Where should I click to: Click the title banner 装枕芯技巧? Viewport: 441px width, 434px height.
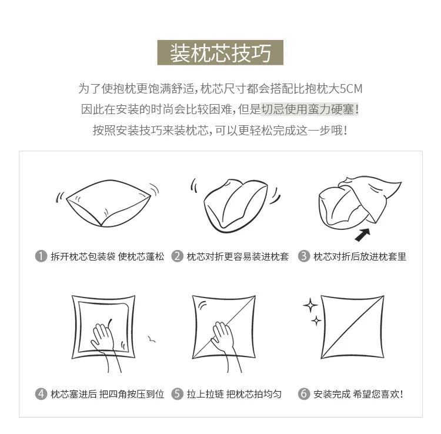tap(220, 52)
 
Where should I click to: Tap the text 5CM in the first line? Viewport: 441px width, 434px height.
tap(351, 89)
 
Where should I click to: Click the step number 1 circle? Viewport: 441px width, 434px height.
tap(41, 256)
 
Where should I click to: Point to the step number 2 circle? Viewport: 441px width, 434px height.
tap(177, 256)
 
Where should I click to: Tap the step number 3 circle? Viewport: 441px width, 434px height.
tap(304, 256)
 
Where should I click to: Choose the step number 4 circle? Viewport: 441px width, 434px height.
tap(41, 394)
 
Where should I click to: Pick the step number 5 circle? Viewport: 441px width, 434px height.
tap(177, 394)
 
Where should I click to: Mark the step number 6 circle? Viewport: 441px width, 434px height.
tap(304, 394)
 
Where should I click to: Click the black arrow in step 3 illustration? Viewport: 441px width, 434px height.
tap(363, 235)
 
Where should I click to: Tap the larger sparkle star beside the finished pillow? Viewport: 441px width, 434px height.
tap(310, 305)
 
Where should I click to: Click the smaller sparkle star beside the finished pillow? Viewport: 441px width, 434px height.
tap(316, 321)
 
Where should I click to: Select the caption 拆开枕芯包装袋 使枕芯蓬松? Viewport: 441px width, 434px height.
tap(107, 256)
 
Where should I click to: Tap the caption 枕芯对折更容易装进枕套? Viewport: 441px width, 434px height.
tap(238, 256)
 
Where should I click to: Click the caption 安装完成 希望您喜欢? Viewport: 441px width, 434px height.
tap(358, 394)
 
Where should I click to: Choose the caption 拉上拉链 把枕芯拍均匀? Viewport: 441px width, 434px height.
tap(234, 394)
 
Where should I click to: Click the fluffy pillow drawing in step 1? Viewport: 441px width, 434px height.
tap(108, 202)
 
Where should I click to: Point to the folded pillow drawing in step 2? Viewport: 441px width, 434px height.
tap(236, 205)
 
